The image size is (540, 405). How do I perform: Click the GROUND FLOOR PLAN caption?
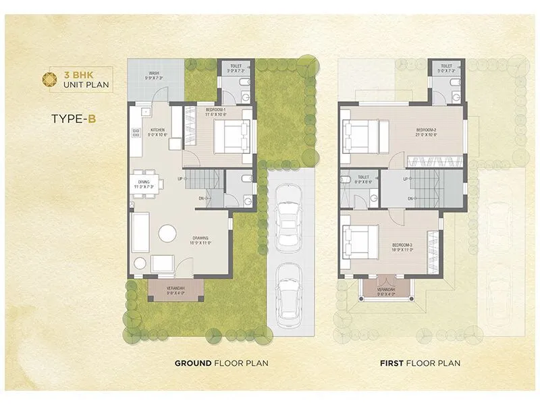(x=221, y=363)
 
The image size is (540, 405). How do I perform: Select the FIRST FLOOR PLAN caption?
(x=420, y=363)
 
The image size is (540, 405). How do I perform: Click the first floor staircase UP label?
(x=404, y=179)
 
